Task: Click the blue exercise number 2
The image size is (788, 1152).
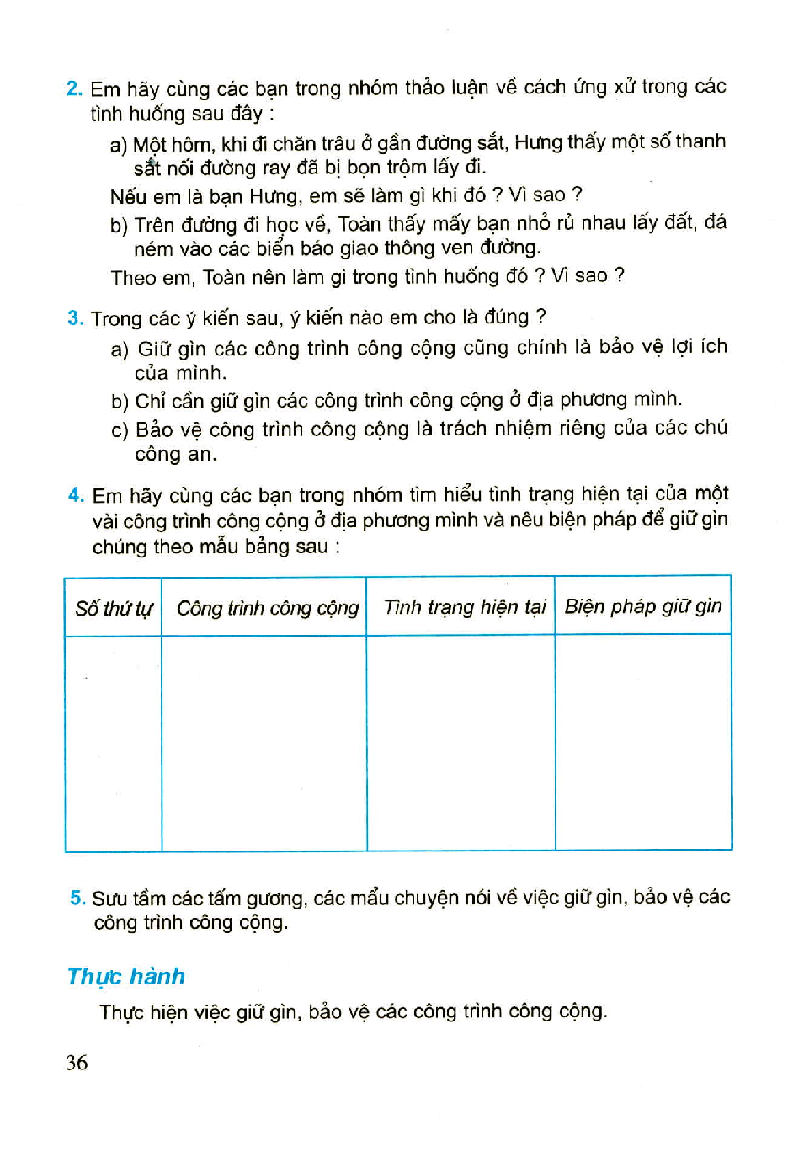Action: pos(74,88)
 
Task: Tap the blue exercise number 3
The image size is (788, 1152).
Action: pos(75,318)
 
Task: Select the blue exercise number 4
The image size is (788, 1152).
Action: pos(76,495)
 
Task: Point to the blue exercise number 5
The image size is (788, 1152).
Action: pos(77,898)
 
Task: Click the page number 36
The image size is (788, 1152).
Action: pos(77,1063)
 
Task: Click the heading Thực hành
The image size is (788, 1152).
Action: pos(126,977)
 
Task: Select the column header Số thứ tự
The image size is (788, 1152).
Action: pos(114,608)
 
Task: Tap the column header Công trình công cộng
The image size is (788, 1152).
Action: pos(267,608)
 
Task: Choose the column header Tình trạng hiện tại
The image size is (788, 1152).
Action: pos(465,607)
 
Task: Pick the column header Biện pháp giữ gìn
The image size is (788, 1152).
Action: pos(643,606)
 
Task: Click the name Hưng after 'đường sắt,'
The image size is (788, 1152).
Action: pos(537,142)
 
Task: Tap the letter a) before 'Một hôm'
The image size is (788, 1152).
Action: pos(118,145)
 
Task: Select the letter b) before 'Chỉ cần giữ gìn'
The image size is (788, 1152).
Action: pos(120,402)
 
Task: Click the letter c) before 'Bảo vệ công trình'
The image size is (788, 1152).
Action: pos(120,430)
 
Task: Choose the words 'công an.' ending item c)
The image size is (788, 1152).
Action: pos(176,455)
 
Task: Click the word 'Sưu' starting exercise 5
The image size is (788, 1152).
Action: pos(109,899)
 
